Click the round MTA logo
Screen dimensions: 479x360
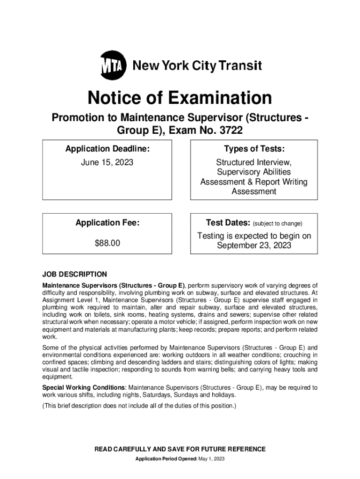(114, 66)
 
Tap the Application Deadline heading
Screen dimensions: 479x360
(108, 149)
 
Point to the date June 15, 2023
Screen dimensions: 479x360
(108, 162)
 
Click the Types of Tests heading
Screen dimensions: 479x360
(254, 149)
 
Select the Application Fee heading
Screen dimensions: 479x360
(108, 223)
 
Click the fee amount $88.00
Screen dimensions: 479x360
(108, 243)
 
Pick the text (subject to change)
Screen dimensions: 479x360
(278, 224)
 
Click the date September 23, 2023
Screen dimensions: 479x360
(254, 246)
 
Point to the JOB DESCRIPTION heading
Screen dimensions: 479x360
(75, 274)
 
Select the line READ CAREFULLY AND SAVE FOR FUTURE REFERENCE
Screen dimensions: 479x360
(180, 449)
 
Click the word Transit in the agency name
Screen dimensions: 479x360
(240, 65)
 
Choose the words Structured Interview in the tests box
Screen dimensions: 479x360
(253, 162)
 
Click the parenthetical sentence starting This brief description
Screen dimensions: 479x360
(139, 406)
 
